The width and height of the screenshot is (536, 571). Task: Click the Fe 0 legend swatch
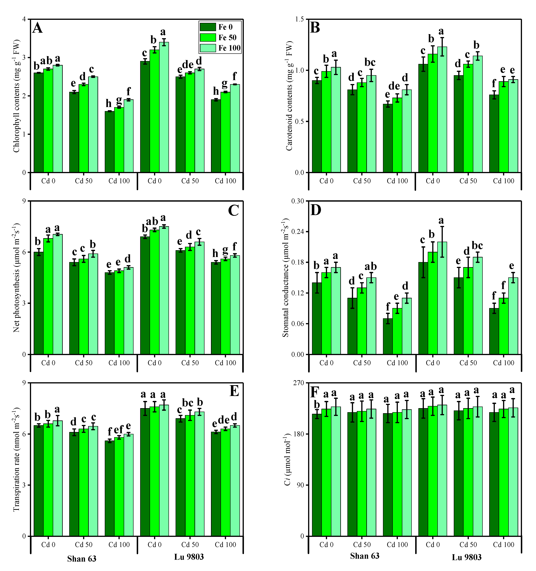(208, 27)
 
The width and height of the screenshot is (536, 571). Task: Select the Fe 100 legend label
(229, 48)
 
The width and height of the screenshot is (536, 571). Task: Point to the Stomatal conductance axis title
(286, 277)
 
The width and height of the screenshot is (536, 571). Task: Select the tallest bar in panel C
(164, 290)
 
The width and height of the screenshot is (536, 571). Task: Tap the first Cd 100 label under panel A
(119, 181)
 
